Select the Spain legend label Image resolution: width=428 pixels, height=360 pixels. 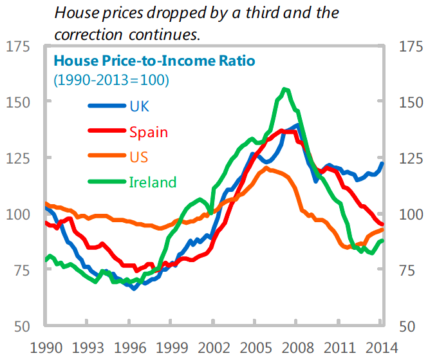click(x=148, y=132)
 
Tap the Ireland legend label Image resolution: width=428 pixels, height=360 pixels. click(x=153, y=182)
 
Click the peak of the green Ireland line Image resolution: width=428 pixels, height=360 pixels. click(x=284, y=89)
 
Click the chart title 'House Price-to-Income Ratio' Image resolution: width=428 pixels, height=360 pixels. click(x=154, y=61)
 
